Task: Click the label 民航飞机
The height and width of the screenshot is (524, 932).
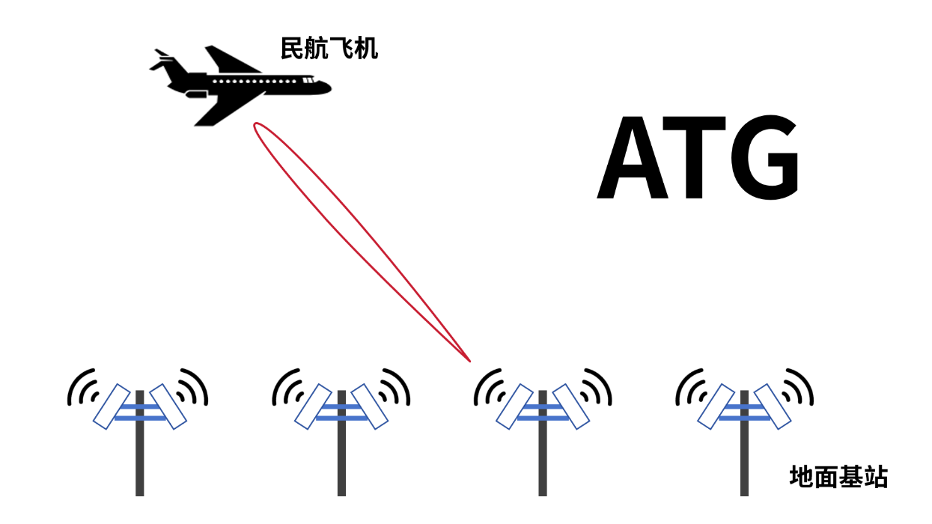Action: pos(329,49)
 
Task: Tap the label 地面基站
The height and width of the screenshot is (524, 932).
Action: pos(838,476)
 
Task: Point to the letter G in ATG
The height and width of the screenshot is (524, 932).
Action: pos(764,159)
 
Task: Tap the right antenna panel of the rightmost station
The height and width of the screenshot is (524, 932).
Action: pos(773,406)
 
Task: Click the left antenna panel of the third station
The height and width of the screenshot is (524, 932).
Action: pos(514,406)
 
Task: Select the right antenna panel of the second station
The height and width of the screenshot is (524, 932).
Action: pos(370,406)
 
